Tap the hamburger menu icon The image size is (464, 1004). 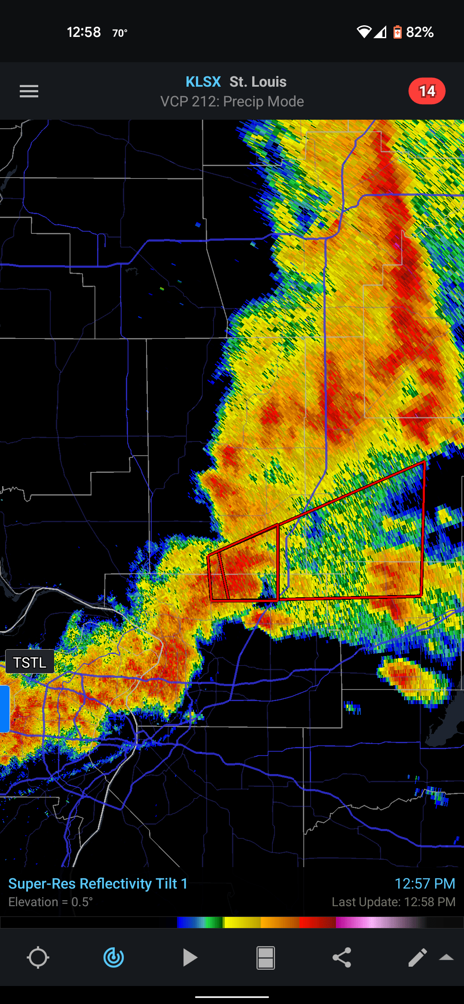pyautogui.click(x=29, y=91)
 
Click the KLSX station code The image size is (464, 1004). pyautogui.click(x=203, y=82)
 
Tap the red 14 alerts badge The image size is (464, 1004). pyautogui.click(x=427, y=91)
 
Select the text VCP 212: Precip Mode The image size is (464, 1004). pyautogui.click(x=232, y=102)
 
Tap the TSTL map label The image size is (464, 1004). pyautogui.click(x=30, y=662)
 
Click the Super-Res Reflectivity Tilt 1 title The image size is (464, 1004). pyautogui.click(x=98, y=883)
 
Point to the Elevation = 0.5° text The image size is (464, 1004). pyautogui.click(x=51, y=902)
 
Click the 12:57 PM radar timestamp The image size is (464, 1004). pyautogui.click(x=424, y=883)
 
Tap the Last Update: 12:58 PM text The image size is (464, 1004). pyautogui.click(x=393, y=902)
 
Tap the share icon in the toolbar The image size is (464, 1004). pyautogui.click(x=342, y=958)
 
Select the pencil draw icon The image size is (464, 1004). pyautogui.click(x=417, y=958)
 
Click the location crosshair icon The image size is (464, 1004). pyautogui.click(x=38, y=958)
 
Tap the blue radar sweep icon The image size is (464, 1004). pyautogui.click(x=114, y=958)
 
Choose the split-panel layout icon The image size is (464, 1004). pyautogui.click(x=266, y=958)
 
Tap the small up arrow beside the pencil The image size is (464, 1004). pyautogui.click(x=446, y=957)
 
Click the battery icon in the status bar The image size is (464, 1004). pyautogui.click(x=397, y=32)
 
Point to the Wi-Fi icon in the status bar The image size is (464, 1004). pyautogui.click(x=364, y=32)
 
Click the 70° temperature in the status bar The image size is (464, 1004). pyautogui.click(x=120, y=33)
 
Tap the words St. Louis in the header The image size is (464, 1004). pyautogui.click(x=258, y=82)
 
